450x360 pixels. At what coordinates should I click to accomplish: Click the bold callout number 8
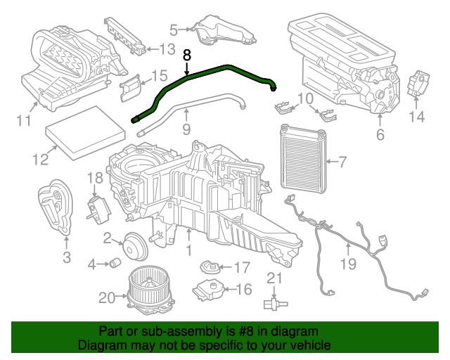[x=186, y=54]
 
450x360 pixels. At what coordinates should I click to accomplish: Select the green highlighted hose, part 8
[x=211, y=72]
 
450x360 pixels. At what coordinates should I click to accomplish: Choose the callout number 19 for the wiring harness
[x=349, y=264]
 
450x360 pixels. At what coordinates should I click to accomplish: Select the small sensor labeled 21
[x=274, y=303]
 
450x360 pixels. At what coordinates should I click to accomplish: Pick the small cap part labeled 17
[x=208, y=267]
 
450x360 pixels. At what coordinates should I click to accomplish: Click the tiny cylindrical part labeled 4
[x=112, y=263]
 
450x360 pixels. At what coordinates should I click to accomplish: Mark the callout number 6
[x=380, y=134]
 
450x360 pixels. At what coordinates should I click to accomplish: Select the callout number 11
[x=24, y=121]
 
